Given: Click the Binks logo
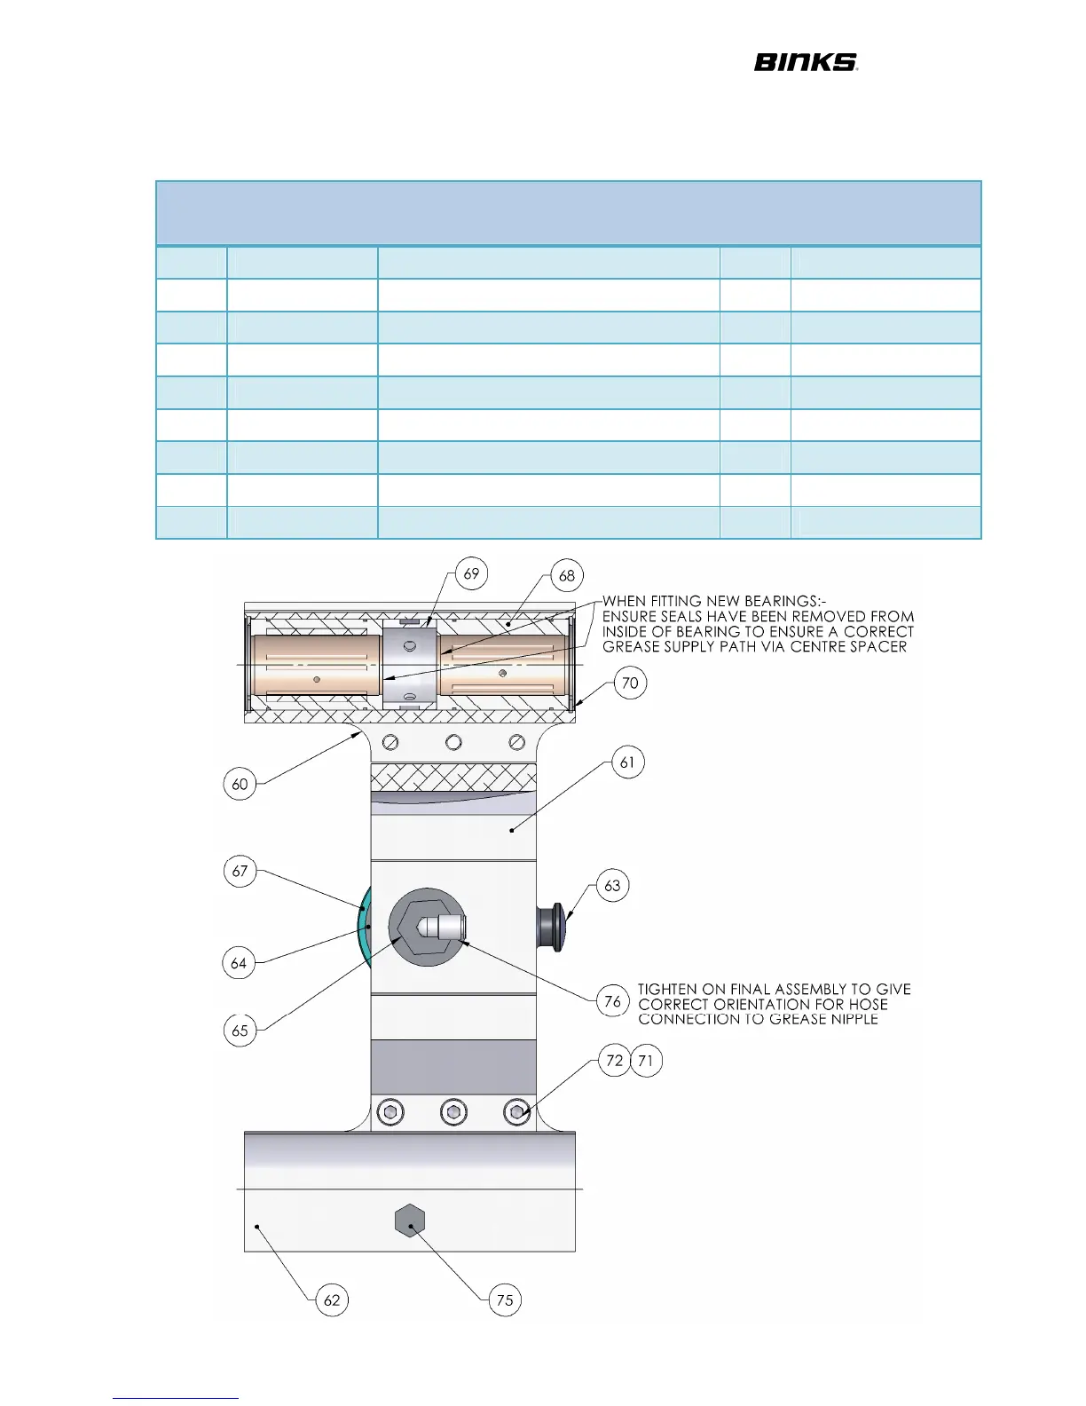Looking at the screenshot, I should point(805,62).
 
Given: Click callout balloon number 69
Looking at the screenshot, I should point(471,573).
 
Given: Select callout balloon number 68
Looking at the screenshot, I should point(567,575).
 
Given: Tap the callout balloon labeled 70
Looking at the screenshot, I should point(630,683).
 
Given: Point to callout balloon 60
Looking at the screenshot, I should point(240,784).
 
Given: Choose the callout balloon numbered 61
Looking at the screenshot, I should point(628,762).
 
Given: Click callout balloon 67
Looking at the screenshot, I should point(240,871).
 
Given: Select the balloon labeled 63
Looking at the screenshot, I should point(612,886).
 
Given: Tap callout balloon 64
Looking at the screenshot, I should point(239,963).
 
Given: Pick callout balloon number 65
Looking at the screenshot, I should point(240,1031).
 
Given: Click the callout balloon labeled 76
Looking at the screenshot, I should point(612,1002).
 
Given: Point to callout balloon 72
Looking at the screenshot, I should point(614,1061).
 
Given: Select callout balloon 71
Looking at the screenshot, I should point(646,1061).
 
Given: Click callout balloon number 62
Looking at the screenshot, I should point(332,1300).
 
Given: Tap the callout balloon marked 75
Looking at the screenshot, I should point(505,1300).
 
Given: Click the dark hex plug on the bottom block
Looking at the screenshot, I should point(410,1221).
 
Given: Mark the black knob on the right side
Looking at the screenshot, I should point(552,928).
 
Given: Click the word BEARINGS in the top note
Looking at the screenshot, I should point(782,601).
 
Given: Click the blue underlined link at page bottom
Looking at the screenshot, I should point(176,1397).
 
